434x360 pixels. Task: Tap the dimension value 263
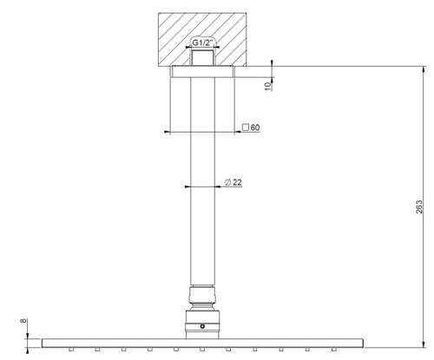click(420, 209)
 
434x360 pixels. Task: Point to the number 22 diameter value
click(237, 181)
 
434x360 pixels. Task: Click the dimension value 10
click(267, 83)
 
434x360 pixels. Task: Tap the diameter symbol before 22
click(226, 181)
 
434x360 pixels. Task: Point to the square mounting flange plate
click(204, 72)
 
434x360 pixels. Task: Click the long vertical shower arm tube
click(204, 182)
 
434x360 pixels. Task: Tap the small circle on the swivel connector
click(204, 327)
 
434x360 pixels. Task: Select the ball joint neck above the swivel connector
click(204, 295)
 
